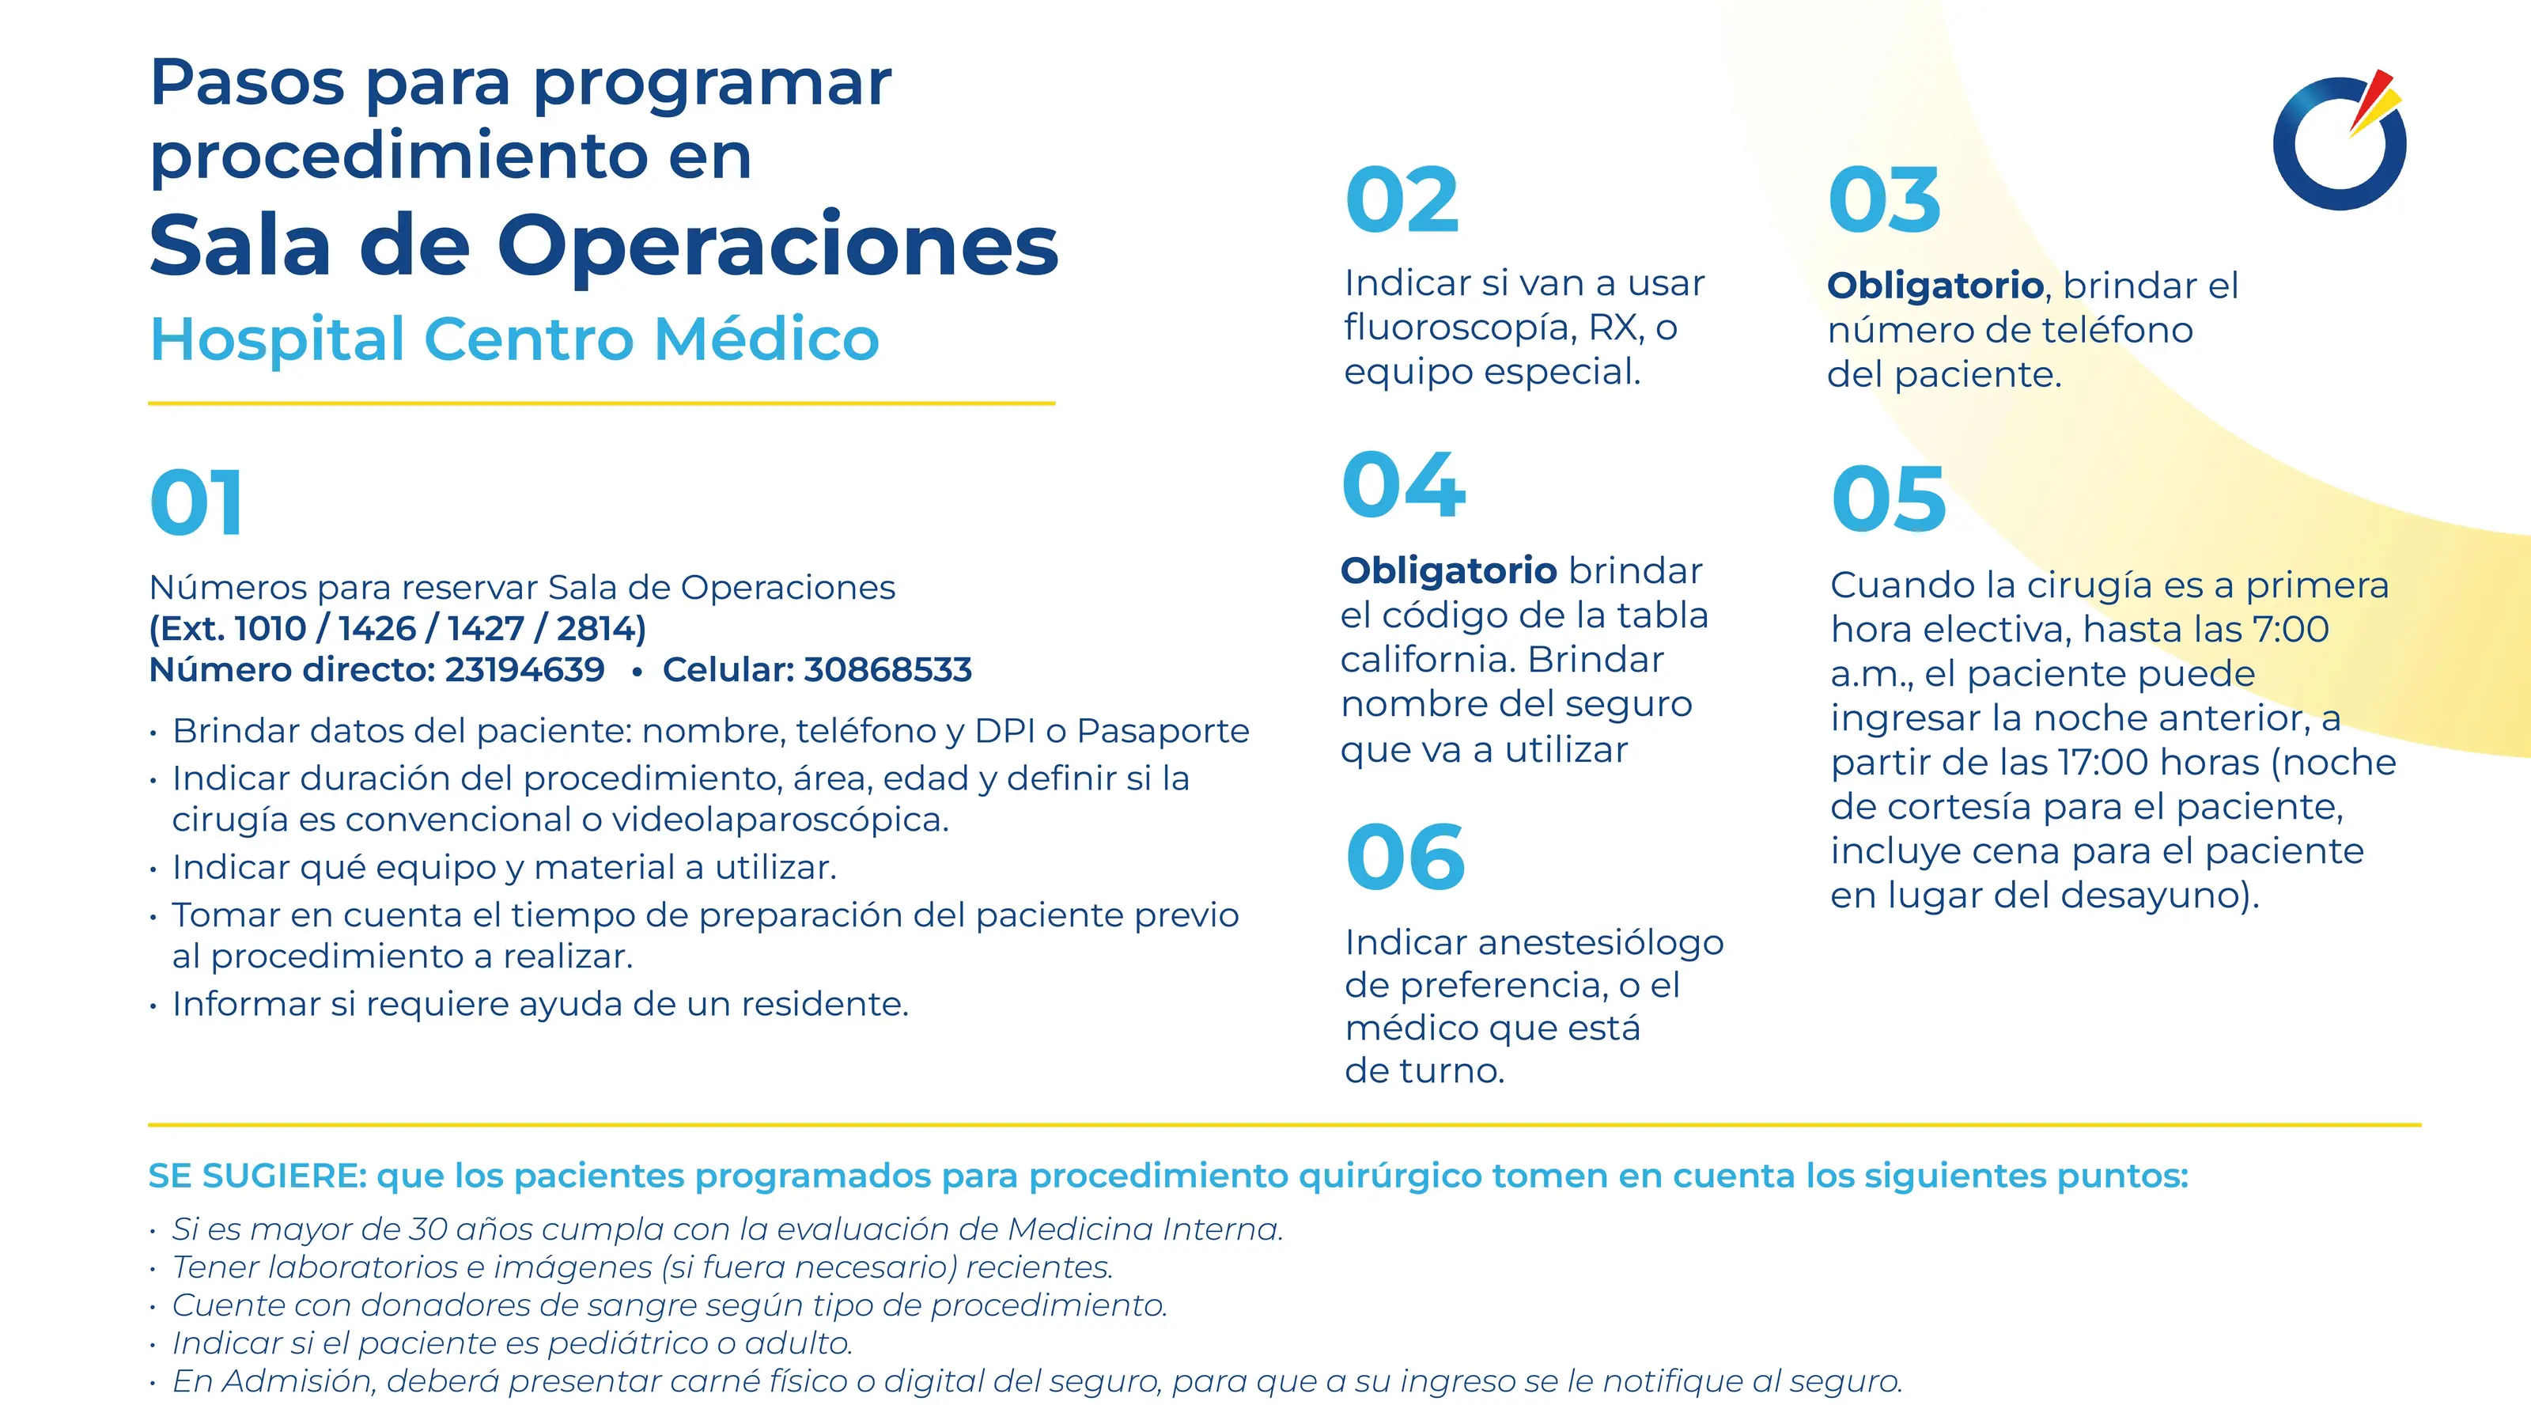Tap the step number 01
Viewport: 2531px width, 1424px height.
(x=196, y=503)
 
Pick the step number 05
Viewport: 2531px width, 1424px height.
(x=1889, y=499)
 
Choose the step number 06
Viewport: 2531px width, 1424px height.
(x=1405, y=858)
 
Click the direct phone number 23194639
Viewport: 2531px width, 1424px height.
(x=524, y=669)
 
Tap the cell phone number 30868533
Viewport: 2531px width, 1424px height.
(x=888, y=669)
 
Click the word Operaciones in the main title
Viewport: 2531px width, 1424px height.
(x=778, y=246)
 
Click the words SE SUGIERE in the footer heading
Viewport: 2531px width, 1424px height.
(x=257, y=1176)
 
